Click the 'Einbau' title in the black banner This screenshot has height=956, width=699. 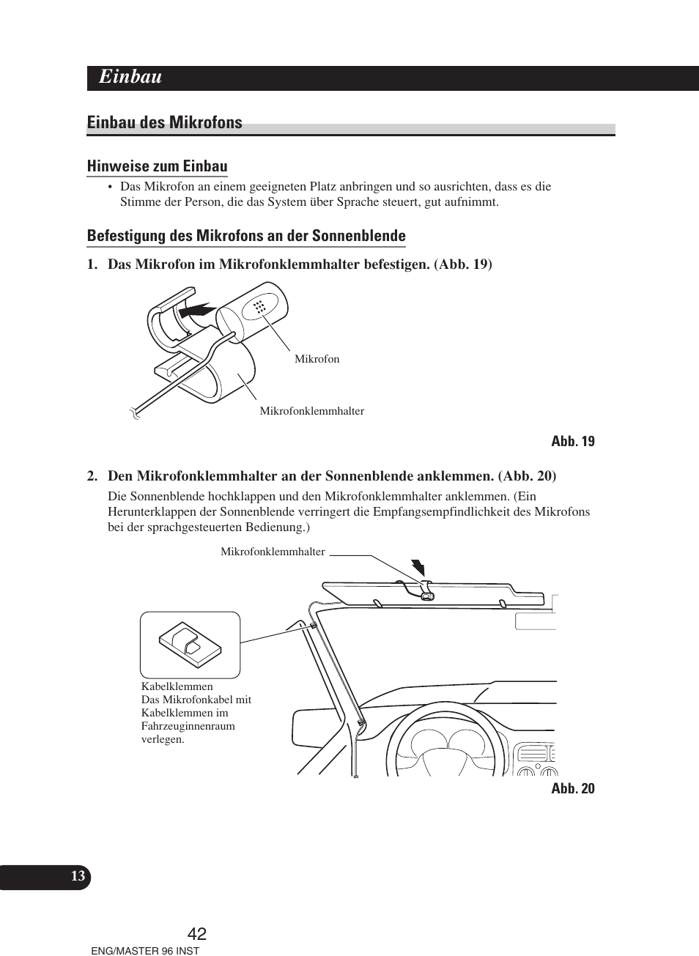[x=130, y=77]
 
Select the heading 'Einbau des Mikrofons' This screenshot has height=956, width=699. [x=164, y=122]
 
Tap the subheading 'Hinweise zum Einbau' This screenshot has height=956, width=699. [x=157, y=166]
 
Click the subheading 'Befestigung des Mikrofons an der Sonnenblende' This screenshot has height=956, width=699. [x=246, y=236]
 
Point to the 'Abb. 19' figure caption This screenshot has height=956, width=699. [x=572, y=441]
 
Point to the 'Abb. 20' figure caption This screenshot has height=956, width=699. [x=572, y=788]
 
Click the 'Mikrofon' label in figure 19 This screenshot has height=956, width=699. [x=317, y=359]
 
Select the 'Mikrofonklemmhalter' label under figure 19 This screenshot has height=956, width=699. [x=311, y=411]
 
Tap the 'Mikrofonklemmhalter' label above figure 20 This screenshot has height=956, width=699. [x=273, y=552]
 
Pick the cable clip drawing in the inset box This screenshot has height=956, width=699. [x=190, y=645]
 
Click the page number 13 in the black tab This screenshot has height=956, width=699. [x=78, y=876]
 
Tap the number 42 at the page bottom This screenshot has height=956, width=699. [x=197, y=933]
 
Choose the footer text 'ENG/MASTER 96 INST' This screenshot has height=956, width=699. [x=144, y=950]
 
